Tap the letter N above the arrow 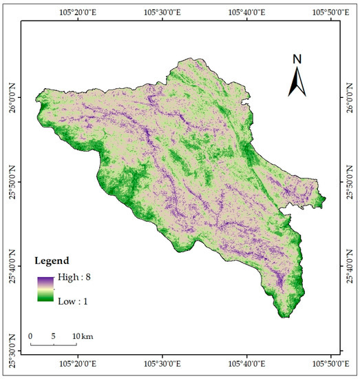tap(297, 59)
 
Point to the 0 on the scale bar tap(31, 336)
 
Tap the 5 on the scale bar tap(53, 336)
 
